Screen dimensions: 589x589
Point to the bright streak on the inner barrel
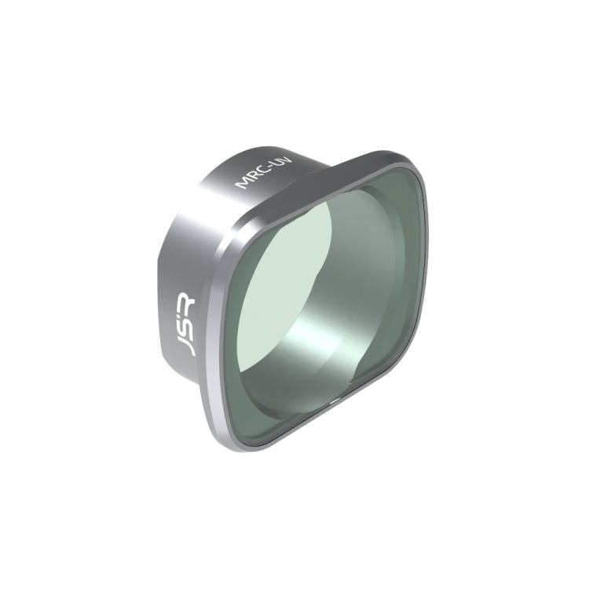pyautogui.click(x=314, y=346)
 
